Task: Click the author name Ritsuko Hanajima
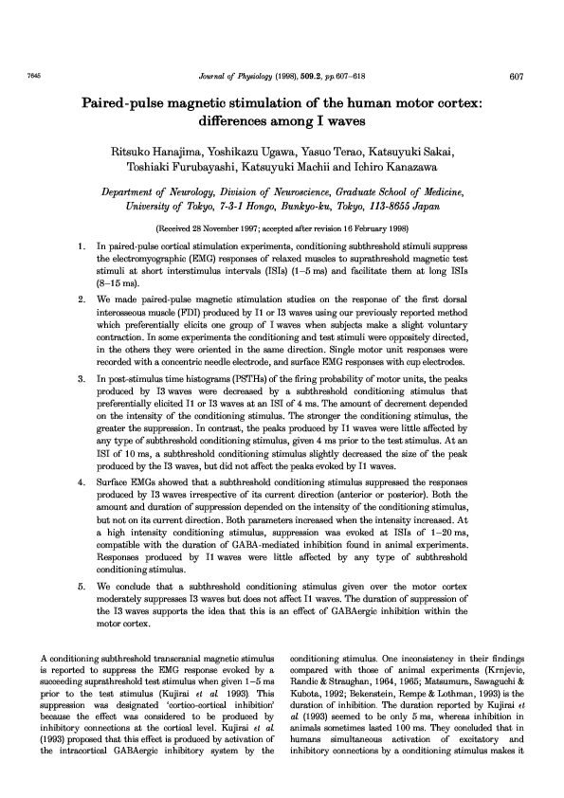pyautogui.click(x=158, y=152)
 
